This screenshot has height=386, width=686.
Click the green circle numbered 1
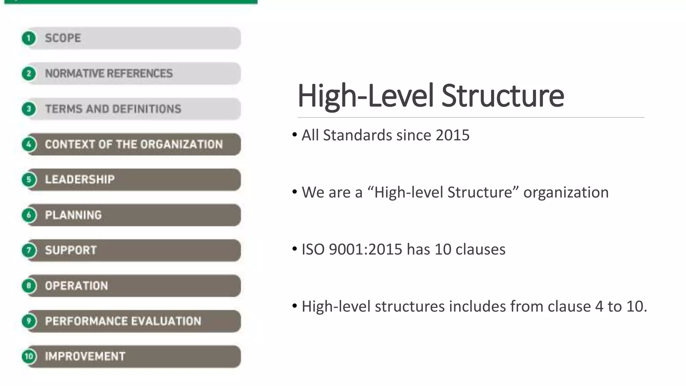pyautogui.click(x=29, y=38)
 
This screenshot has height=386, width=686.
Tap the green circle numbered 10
pyautogui.click(x=29, y=356)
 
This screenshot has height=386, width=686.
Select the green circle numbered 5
pyautogui.click(x=29, y=180)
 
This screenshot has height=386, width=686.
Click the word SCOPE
pyautogui.click(x=63, y=38)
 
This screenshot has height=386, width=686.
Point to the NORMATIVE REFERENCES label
pyautogui.click(x=109, y=73)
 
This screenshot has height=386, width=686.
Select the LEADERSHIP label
pyautogui.click(x=80, y=180)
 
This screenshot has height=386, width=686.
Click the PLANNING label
pyautogui.click(x=73, y=215)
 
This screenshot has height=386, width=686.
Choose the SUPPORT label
pyautogui.click(x=71, y=250)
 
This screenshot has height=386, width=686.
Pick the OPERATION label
pyautogui.click(x=76, y=286)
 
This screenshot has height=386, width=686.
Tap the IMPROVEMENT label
pyautogui.click(x=85, y=356)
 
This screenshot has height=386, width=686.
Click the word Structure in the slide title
pyautogui.click(x=502, y=96)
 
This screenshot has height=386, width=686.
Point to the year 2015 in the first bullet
pyautogui.click(x=453, y=135)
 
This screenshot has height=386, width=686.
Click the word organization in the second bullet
pyautogui.click(x=566, y=193)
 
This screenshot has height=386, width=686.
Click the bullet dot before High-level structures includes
pyautogui.click(x=294, y=306)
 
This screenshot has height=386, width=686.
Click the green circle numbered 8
pyautogui.click(x=29, y=286)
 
